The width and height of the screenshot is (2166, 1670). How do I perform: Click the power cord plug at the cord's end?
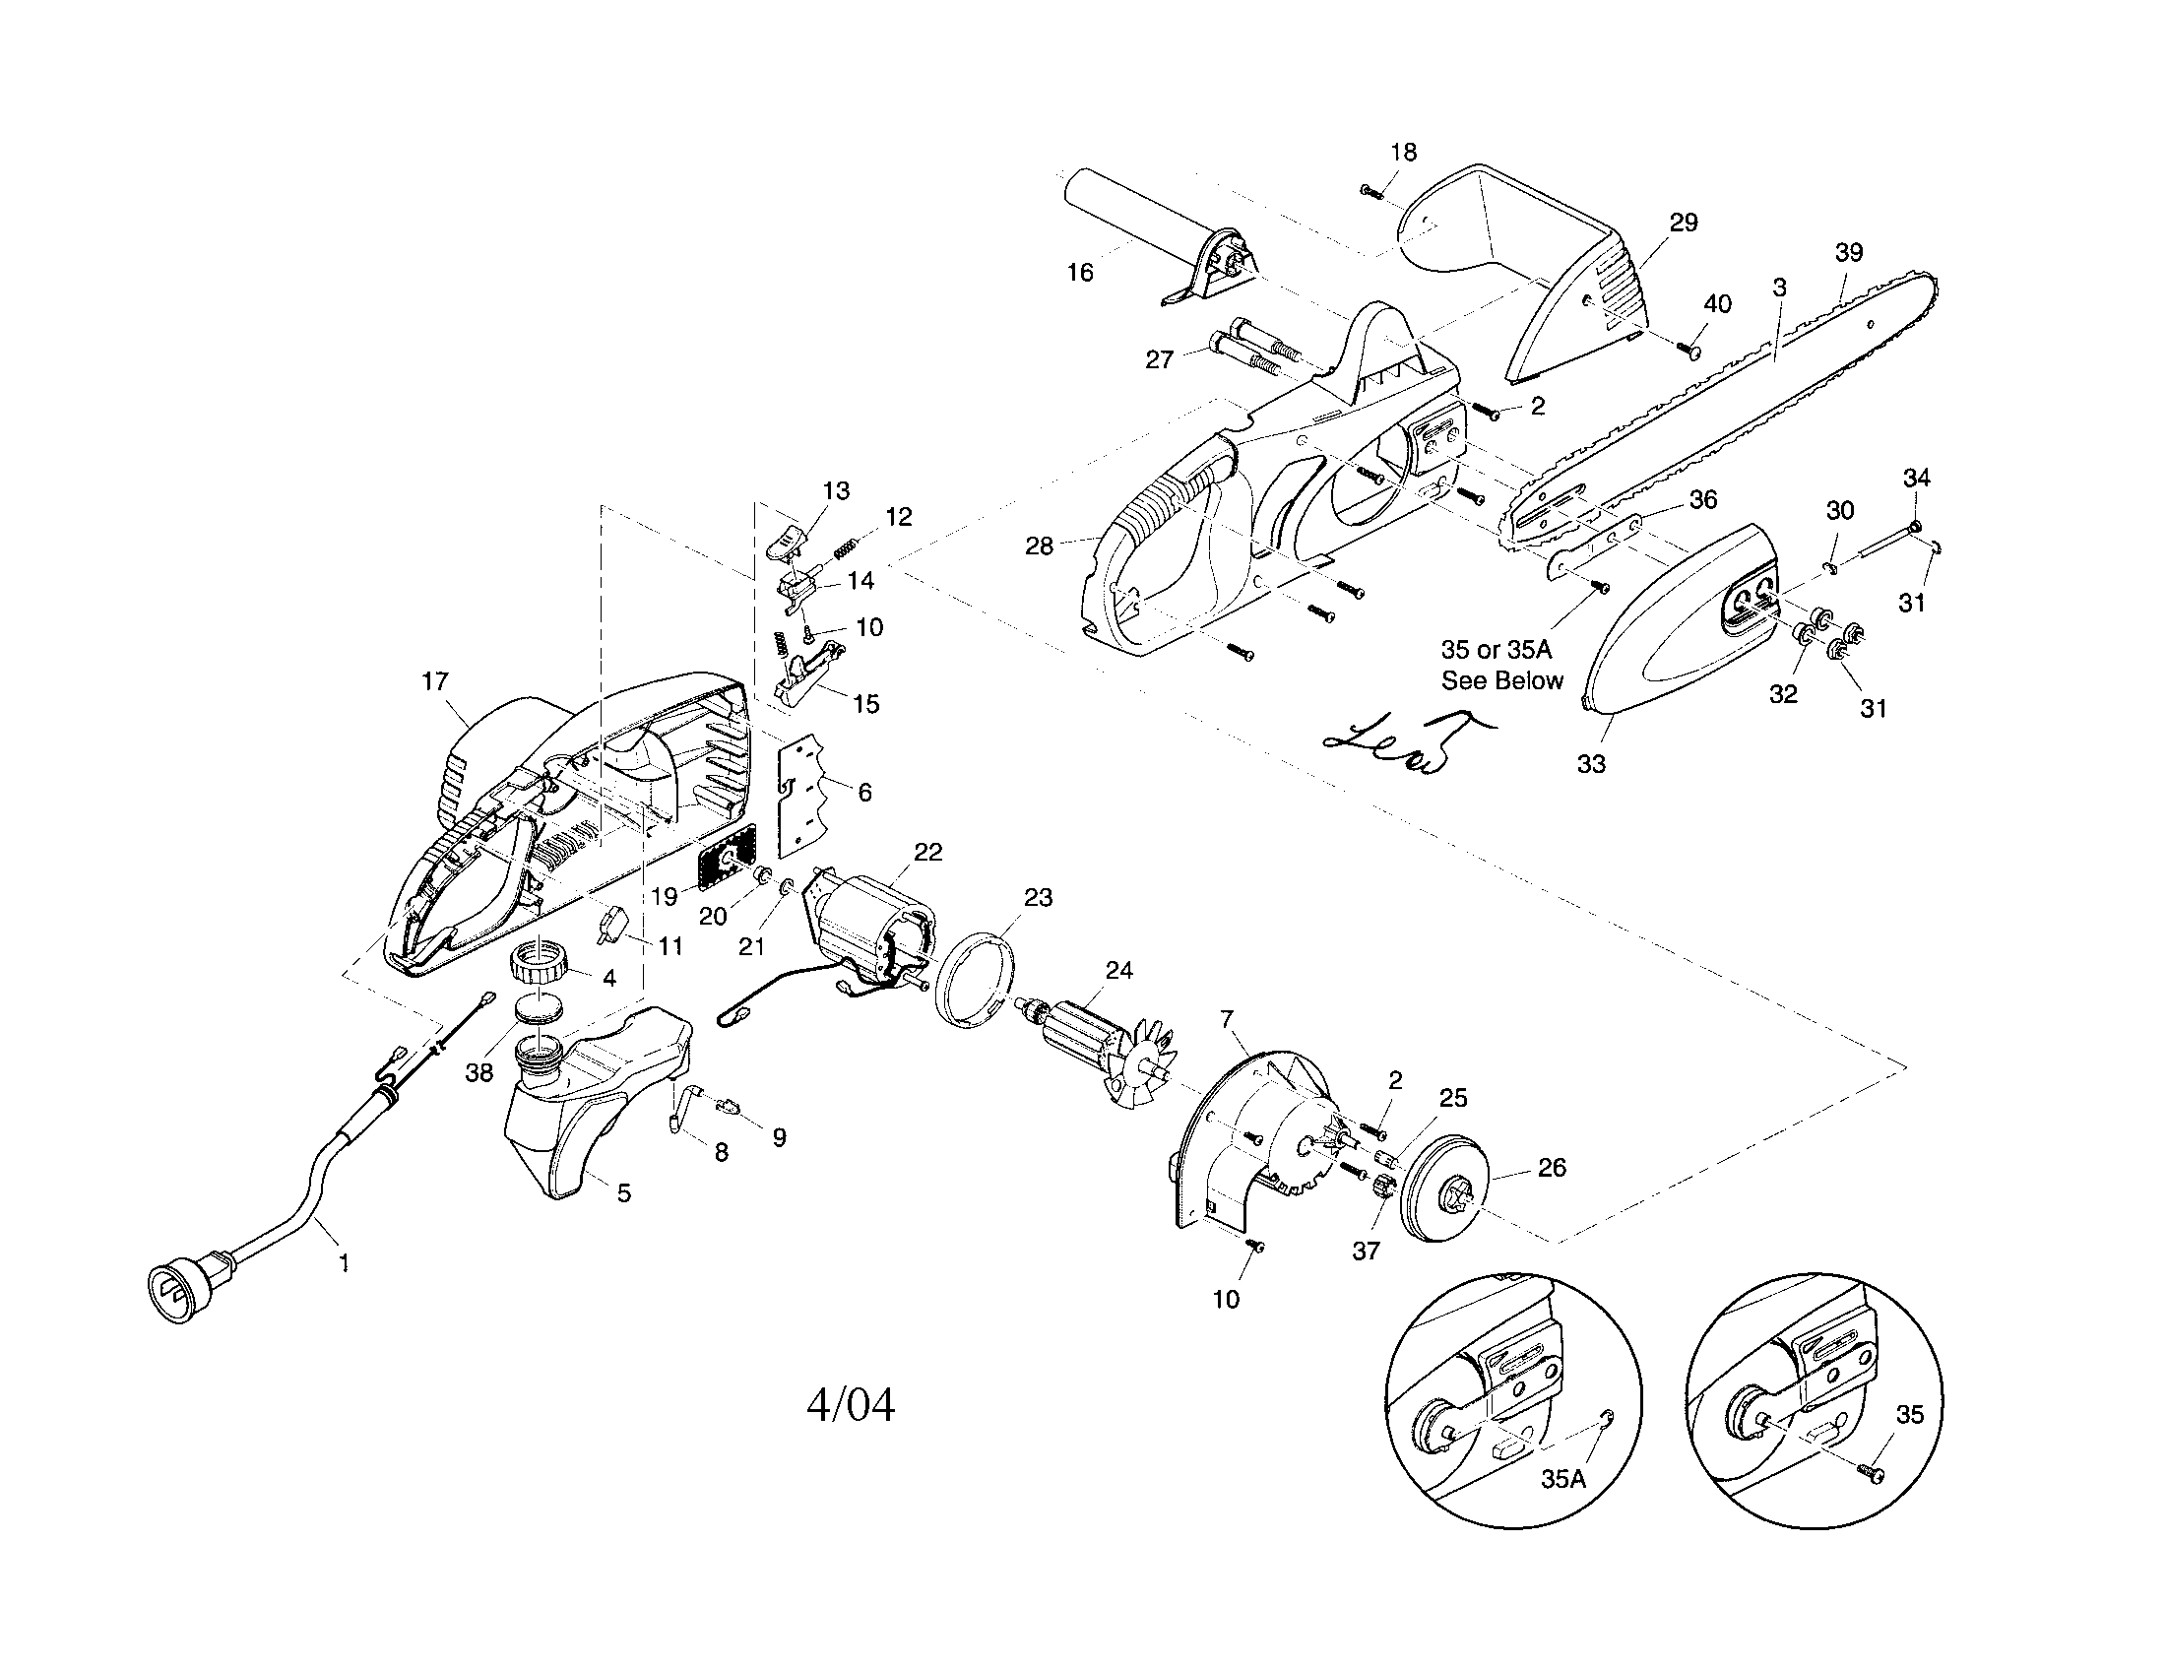178,1288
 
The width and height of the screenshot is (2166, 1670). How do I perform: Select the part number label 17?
435,681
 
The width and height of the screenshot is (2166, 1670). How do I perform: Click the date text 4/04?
850,1405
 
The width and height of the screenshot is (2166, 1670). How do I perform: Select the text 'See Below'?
1501,680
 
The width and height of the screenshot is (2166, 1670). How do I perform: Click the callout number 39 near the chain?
1848,252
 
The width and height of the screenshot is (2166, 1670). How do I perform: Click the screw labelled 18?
1371,191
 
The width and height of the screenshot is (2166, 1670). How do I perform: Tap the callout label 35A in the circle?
1563,1479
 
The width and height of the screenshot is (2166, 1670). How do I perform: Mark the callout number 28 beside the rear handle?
1039,546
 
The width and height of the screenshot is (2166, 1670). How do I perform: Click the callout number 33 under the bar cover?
1591,763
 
